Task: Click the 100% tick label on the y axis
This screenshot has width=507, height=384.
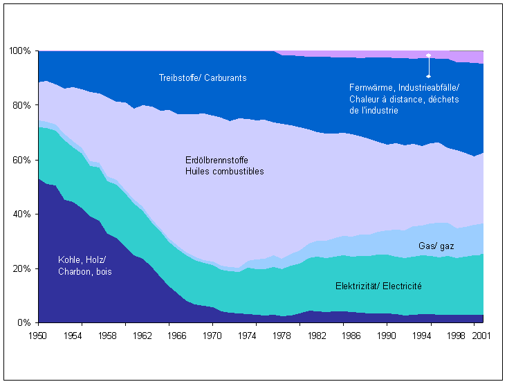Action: click(x=20, y=51)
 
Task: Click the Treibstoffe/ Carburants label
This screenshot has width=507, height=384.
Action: click(x=203, y=77)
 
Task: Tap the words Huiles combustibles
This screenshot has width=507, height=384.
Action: click(x=224, y=171)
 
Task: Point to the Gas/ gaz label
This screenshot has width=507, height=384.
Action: click(x=436, y=246)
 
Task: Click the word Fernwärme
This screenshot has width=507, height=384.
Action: click(x=369, y=88)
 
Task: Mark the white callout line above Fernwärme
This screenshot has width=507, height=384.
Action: click(x=428, y=66)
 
